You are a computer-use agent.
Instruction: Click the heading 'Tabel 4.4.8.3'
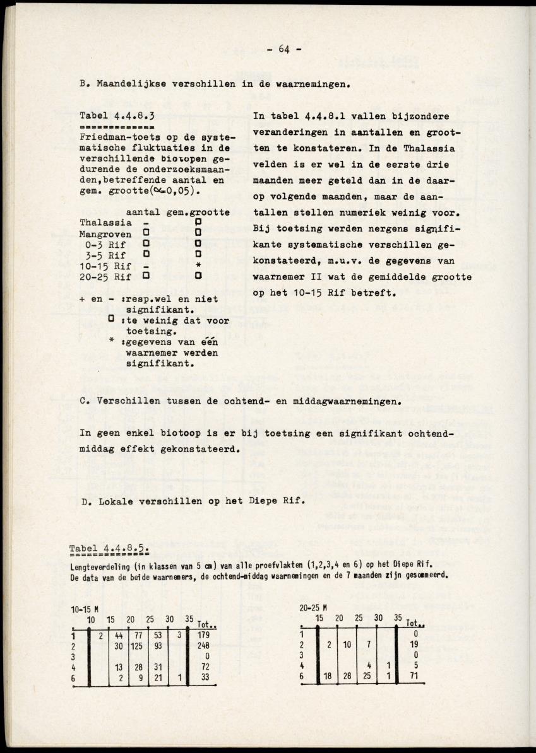(x=117, y=116)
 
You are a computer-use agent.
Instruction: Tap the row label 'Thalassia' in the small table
(x=105, y=222)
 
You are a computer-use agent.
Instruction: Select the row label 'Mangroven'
(x=105, y=233)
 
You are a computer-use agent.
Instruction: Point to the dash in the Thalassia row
(x=146, y=222)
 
